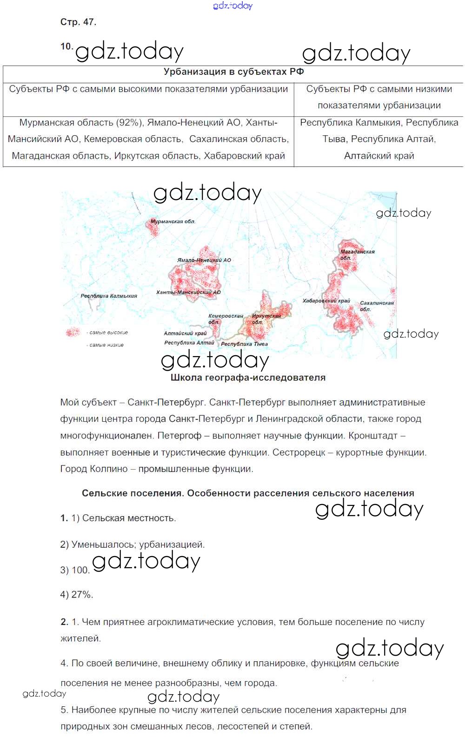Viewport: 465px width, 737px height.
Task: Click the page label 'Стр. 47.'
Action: coord(78,22)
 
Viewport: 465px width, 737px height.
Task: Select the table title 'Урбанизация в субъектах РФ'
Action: coord(233,72)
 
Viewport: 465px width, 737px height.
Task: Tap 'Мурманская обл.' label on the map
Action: coord(173,222)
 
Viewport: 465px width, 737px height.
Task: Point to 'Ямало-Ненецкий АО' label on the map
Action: coord(204,260)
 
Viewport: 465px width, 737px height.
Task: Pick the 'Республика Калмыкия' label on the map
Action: coord(109,296)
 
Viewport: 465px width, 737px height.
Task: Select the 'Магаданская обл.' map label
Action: coord(357,254)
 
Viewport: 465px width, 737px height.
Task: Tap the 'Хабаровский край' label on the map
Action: coord(326,301)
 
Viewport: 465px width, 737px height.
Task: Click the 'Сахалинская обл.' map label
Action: coord(376,305)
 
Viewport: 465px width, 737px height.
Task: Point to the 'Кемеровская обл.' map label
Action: coord(225,319)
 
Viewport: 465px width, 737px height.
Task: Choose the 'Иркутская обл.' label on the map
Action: coord(266,319)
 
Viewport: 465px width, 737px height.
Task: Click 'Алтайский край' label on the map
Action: coord(185,333)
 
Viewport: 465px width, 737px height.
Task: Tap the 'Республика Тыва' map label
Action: coord(244,344)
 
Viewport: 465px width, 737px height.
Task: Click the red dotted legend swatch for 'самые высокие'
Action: coord(73,332)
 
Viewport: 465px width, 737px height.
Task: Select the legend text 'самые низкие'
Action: coord(106,345)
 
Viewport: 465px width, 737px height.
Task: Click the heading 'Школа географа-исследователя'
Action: coord(248,378)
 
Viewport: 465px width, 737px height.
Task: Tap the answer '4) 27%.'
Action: coord(77,594)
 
